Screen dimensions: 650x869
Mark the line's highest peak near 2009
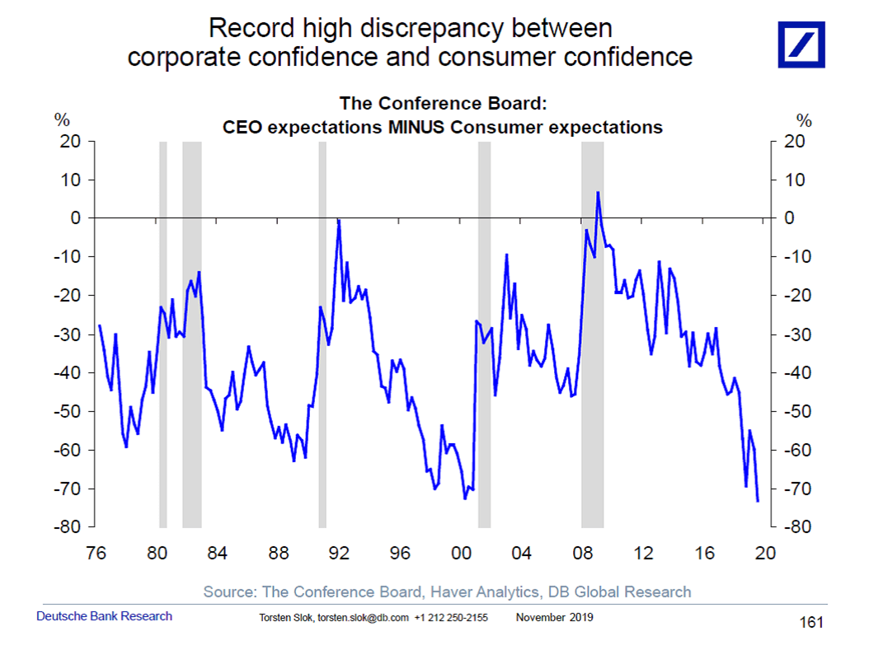tap(598, 192)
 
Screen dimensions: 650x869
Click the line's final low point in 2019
tap(758, 501)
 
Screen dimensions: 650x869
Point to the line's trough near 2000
tap(465, 498)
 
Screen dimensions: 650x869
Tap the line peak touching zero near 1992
tap(338, 219)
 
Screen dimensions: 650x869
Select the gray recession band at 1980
tap(162, 330)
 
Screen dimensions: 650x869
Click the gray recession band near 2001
tap(484, 330)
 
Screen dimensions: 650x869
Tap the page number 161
tap(811, 622)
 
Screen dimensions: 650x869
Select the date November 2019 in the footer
tap(554, 618)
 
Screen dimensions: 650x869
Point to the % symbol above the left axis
tap(62, 120)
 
